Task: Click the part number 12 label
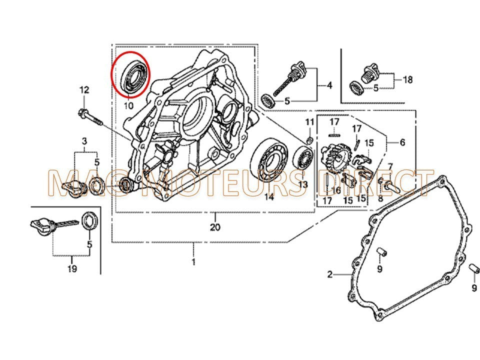84,90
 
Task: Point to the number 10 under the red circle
128,106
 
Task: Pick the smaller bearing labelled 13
302,157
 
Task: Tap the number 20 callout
215,228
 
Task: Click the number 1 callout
193,261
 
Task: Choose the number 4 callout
329,85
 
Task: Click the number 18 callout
407,79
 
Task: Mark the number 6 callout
402,142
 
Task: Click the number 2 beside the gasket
330,274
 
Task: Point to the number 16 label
336,190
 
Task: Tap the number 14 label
269,197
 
